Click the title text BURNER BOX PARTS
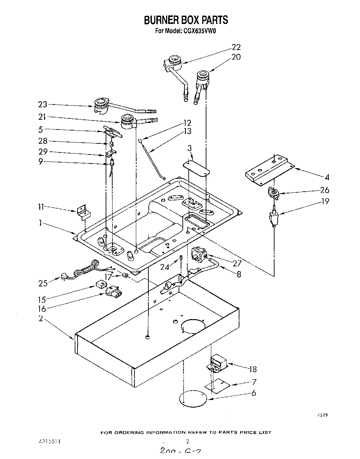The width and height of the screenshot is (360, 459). coord(186,20)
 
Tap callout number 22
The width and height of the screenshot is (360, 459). coord(236,47)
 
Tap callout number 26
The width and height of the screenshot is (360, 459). coord(324,190)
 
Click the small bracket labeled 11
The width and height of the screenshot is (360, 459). coord(82,212)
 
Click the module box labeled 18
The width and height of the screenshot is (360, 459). coord(218,363)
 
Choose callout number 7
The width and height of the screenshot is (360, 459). coord(254,382)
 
